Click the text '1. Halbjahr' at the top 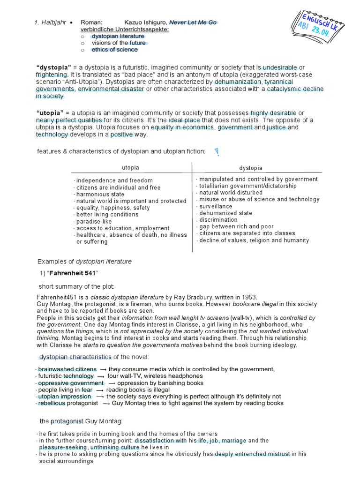[50, 22]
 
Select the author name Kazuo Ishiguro [145, 22]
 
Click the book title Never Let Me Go [193, 22]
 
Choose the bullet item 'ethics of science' [114, 50]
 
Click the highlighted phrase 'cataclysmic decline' [295, 89]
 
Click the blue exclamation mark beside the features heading [217, 152]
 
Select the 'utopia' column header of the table [130, 168]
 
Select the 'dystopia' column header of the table [251, 168]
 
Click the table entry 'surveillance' [216, 206]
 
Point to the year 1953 [249, 297]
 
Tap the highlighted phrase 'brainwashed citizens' [67, 369]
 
